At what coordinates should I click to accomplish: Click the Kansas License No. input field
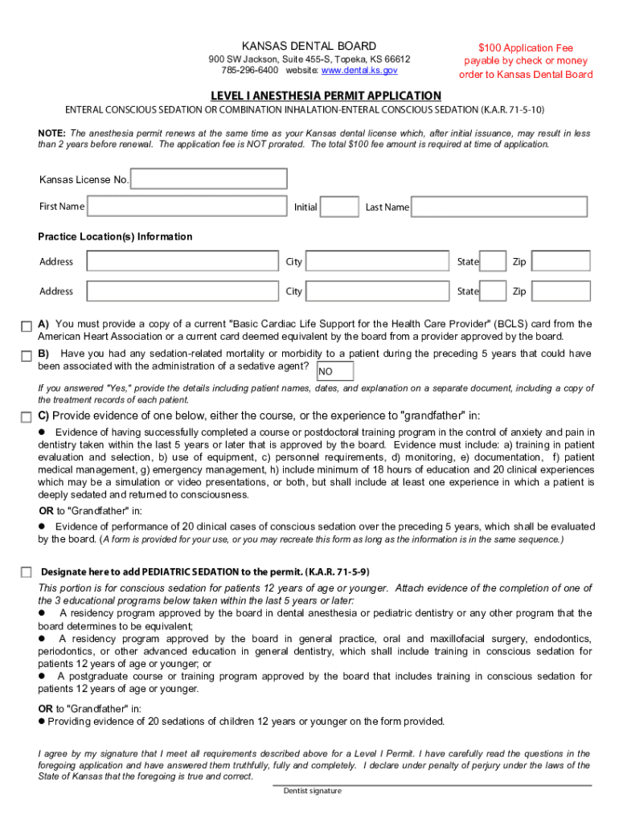(208, 178)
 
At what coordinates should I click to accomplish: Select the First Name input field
(187, 207)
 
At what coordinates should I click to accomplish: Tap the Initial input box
(339, 207)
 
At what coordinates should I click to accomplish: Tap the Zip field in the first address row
(560, 261)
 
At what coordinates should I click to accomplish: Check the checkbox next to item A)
(27, 326)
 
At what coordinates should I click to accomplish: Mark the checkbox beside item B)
(27, 355)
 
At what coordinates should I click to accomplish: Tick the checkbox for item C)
(27, 416)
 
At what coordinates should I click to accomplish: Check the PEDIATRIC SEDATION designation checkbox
(27, 571)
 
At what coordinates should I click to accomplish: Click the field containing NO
(334, 371)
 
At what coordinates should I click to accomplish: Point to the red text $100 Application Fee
(526, 48)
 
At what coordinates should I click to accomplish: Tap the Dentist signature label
(312, 791)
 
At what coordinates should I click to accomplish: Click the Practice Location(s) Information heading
(115, 236)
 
